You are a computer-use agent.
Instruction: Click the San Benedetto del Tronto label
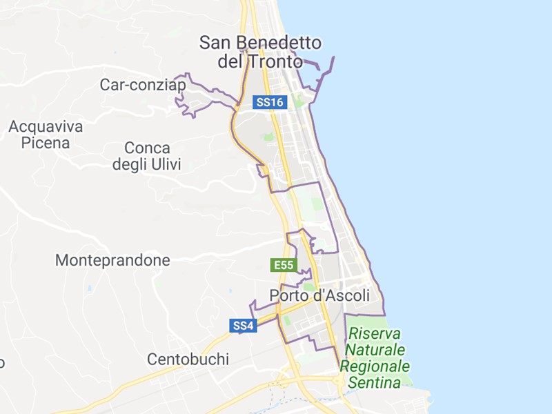260,52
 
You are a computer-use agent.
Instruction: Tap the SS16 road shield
270,102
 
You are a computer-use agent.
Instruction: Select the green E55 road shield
284,265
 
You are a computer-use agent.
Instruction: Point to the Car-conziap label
143,85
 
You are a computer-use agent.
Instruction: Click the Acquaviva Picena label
46,135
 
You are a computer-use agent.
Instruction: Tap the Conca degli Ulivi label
146,156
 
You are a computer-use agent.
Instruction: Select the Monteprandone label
112,261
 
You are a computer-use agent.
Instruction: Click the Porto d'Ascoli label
319,295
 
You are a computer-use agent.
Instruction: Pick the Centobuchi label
188,359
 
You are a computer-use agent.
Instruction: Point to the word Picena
46,144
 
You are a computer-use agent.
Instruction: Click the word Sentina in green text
375,382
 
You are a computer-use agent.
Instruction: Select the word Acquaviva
46,126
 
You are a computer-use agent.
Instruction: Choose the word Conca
147,148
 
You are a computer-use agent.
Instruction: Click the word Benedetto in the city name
279,43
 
